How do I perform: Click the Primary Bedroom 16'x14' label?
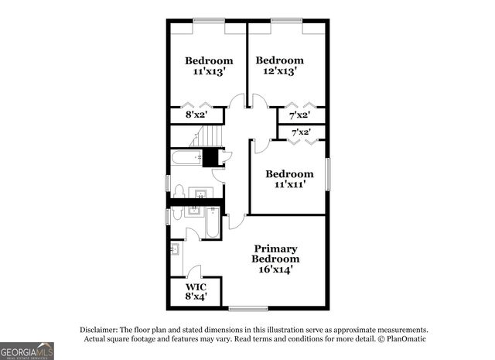pos(277,259)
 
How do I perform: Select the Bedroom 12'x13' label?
pos(279,66)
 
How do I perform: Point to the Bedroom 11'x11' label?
pos(289,180)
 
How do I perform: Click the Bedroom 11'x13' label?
pos(208,66)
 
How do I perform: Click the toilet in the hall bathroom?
pos(179,192)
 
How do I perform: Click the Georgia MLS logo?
pos(27,351)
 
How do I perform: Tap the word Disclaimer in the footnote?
pos(99,329)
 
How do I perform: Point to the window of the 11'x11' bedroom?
pos(327,173)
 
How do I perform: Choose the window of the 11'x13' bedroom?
pos(208,20)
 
